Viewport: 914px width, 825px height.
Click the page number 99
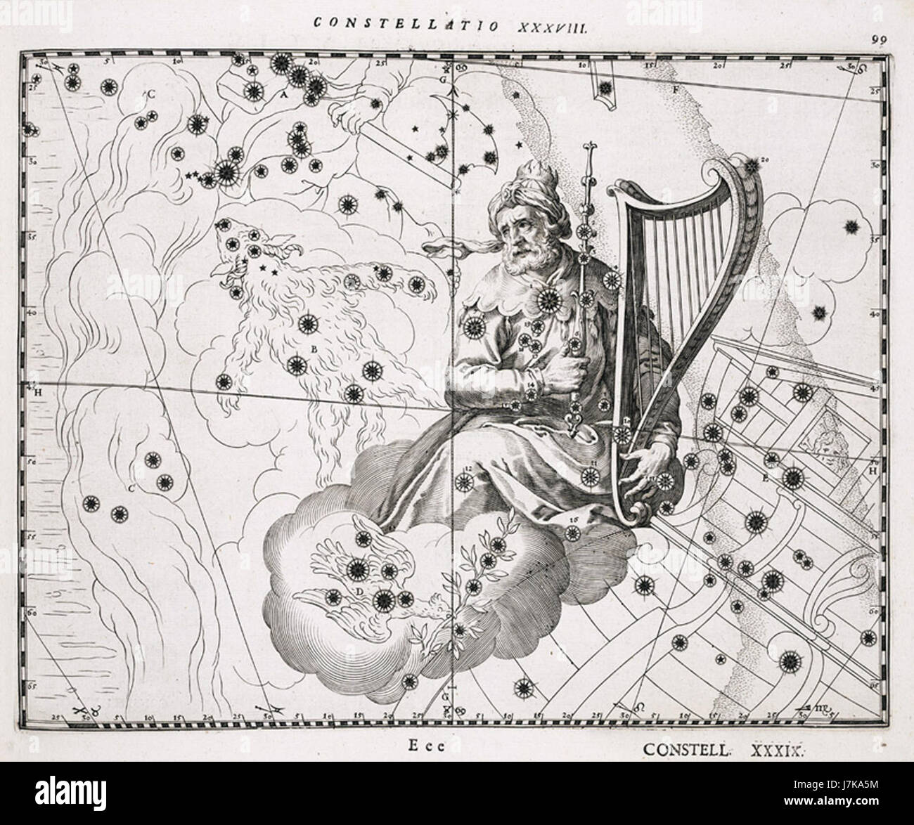coord(876,39)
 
